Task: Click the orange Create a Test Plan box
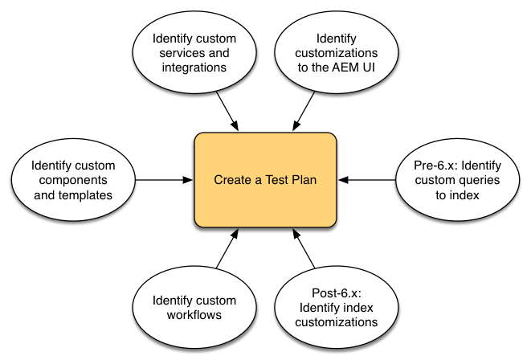pos(265,180)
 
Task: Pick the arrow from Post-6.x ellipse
pos(304,251)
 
